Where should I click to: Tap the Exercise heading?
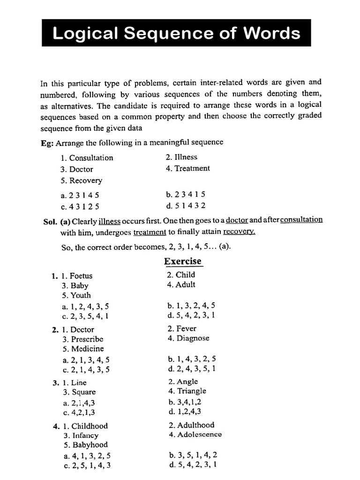(x=182, y=261)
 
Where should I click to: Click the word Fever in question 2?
(x=186, y=329)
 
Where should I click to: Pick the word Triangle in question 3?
(x=191, y=391)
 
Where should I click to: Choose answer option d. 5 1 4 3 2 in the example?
(x=186, y=205)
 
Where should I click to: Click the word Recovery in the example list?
(x=85, y=180)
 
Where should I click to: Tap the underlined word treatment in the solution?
(x=150, y=232)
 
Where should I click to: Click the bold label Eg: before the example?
(x=47, y=142)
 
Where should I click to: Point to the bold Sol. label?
(x=50, y=220)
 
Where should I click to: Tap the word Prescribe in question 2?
(x=87, y=339)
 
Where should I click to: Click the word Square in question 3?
(x=83, y=392)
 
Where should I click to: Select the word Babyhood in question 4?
(x=89, y=445)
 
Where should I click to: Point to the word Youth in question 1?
(x=81, y=295)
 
